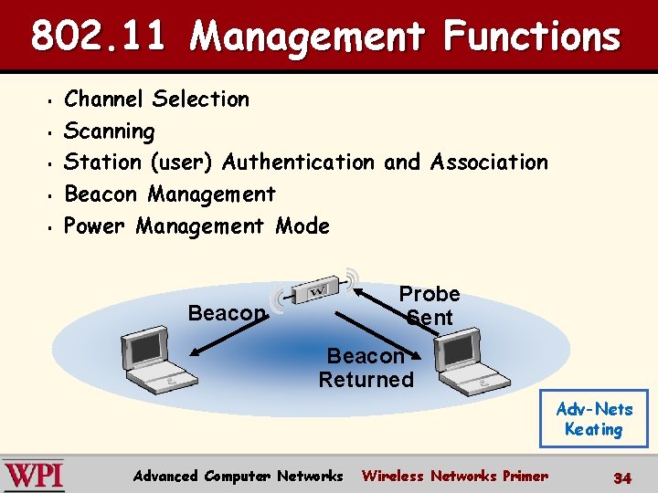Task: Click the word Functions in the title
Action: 531,37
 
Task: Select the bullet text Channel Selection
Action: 156,99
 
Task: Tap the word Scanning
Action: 109,131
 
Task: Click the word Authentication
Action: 298,163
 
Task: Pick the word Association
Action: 489,163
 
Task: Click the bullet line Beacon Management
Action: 169,194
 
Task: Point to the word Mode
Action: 302,226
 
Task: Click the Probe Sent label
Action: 429,306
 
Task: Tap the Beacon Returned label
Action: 366,367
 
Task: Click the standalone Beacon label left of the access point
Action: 226,313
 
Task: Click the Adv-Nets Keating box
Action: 594,419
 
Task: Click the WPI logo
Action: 34,475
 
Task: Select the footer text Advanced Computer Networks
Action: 238,476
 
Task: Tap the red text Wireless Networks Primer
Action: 455,476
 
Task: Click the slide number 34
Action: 622,477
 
